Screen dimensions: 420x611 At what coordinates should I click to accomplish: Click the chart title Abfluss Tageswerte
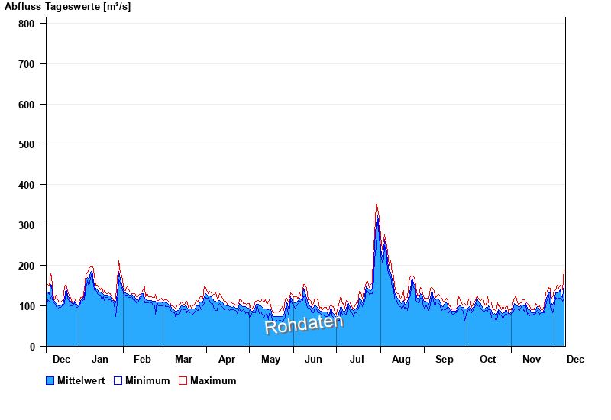click(67, 7)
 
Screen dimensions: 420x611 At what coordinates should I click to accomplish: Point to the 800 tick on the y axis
click(27, 24)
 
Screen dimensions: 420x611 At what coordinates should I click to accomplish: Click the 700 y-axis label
click(27, 64)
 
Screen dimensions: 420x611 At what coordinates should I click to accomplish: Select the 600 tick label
click(27, 105)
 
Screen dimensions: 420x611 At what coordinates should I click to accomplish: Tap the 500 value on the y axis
click(27, 144)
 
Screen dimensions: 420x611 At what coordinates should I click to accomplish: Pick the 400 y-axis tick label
click(27, 185)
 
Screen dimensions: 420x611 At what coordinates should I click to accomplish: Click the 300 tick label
click(27, 225)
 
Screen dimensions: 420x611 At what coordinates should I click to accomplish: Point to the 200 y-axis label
click(27, 266)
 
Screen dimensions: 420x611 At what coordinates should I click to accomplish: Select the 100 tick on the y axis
click(27, 306)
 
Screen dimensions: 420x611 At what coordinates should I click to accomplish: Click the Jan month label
click(99, 359)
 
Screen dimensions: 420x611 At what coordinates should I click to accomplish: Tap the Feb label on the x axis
click(142, 359)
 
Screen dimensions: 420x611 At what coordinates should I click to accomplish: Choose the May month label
click(270, 359)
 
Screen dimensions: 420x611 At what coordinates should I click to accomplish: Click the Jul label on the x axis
click(357, 359)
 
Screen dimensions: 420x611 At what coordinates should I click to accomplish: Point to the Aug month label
click(401, 359)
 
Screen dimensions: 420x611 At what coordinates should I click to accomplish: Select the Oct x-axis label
click(487, 359)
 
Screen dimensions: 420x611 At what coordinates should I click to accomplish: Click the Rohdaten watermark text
click(304, 325)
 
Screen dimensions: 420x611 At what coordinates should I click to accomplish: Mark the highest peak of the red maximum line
click(377, 205)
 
